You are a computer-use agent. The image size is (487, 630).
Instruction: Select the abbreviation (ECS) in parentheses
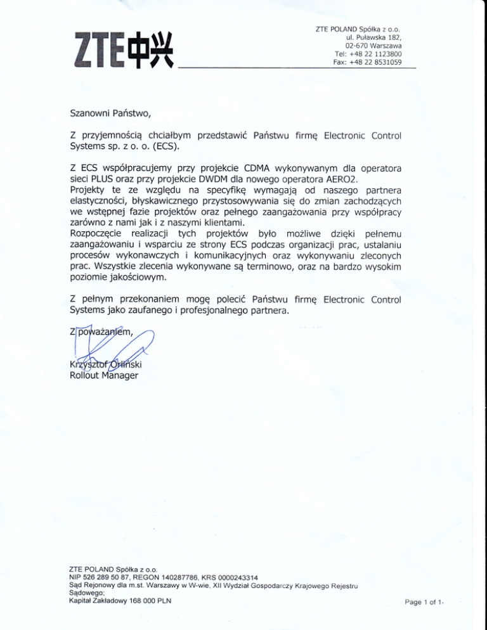point(164,148)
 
